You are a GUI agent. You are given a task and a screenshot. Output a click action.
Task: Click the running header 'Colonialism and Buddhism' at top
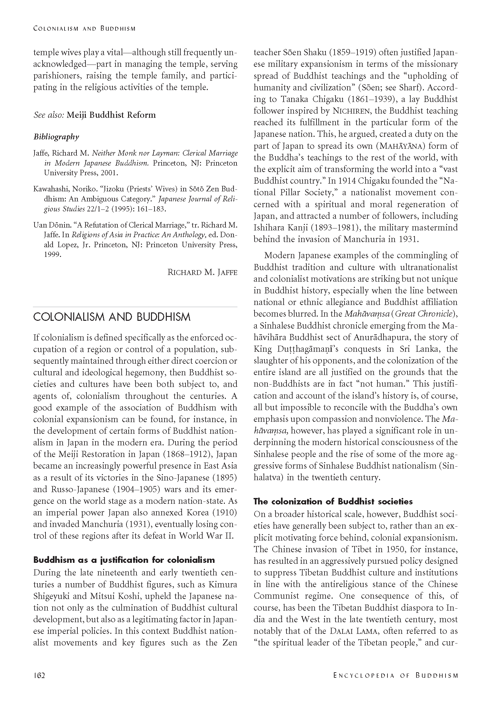(x=84, y=28)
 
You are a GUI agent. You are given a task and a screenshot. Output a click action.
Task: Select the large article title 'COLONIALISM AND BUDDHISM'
(x=112, y=317)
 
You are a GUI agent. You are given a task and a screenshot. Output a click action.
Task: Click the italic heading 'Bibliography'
(x=56, y=137)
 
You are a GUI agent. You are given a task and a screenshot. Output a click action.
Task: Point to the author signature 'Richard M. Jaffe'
(x=202, y=272)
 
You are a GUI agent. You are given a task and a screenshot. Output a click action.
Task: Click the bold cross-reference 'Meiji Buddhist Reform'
(x=111, y=115)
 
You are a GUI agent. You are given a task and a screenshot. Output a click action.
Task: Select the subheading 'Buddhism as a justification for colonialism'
(x=124, y=560)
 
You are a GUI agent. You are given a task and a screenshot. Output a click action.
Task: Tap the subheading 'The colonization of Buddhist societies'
(x=333, y=501)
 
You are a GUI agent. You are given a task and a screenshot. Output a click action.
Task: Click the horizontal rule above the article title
(x=135, y=307)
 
